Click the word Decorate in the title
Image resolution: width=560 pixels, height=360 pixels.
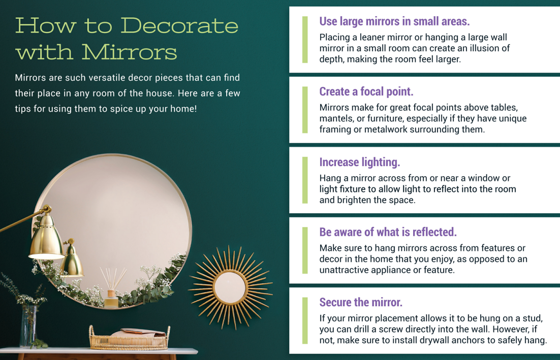[x=179, y=26]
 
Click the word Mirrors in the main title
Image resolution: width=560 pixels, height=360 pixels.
[x=129, y=52]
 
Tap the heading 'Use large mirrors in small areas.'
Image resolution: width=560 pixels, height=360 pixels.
[x=394, y=21]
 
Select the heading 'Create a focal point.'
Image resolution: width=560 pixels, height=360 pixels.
[x=366, y=92]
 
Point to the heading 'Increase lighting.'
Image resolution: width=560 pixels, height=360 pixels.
[x=359, y=162]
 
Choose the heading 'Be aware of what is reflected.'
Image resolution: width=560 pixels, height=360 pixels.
[x=388, y=232]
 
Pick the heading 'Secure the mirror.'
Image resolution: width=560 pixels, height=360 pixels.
[x=361, y=303]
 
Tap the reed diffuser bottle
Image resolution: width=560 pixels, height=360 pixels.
[x=111, y=299]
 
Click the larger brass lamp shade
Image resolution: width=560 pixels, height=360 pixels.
[x=47, y=237]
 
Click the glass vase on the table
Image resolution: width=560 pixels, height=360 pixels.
[x=28, y=326]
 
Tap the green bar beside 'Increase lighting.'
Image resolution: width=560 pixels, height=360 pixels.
[x=304, y=180]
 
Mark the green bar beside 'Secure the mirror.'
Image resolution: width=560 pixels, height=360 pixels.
[x=304, y=320]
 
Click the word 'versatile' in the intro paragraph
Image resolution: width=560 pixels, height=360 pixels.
[x=107, y=78]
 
